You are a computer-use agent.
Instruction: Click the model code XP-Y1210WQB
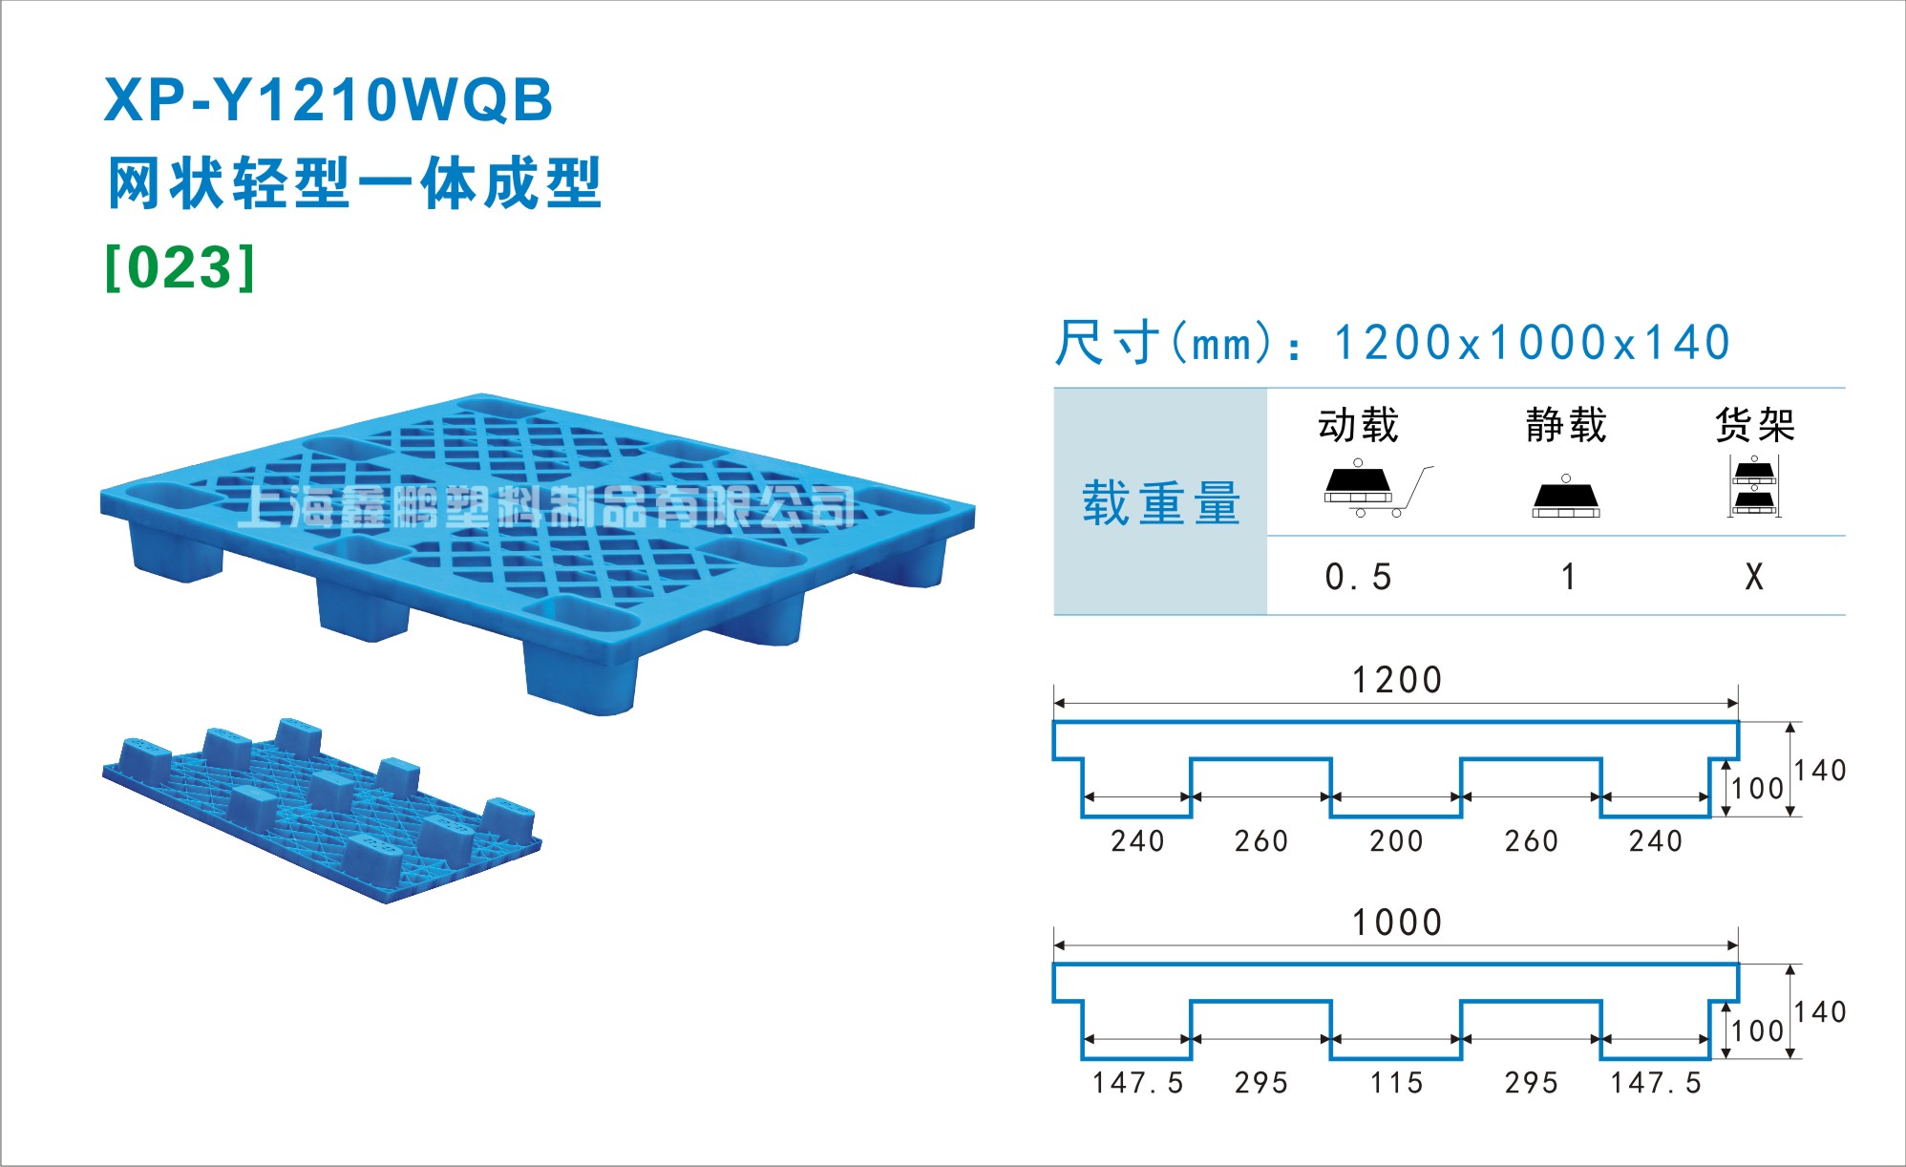tap(328, 100)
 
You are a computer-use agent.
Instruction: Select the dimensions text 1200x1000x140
tap(1532, 343)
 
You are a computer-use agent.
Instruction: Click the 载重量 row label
tap(1161, 502)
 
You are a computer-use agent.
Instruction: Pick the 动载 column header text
tap(1358, 425)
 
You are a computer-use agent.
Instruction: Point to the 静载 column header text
tap(1566, 425)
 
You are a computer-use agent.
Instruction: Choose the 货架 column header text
tap(1755, 425)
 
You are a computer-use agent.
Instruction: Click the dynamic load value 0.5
tap(1358, 577)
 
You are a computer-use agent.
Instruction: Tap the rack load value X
tap(1754, 577)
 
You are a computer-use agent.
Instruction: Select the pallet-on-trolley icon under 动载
tap(1378, 489)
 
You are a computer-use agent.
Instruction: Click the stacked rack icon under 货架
tap(1754, 487)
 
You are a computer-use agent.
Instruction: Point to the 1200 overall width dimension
tap(1396, 680)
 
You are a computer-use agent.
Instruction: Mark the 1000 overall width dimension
tap(1396, 923)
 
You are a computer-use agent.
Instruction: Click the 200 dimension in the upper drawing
tap(1396, 841)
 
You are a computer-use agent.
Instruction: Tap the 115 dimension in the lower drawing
tap(1396, 1083)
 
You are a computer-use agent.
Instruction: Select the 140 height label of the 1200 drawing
tap(1820, 770)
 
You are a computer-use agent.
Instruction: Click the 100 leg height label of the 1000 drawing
tap(1758, 1031)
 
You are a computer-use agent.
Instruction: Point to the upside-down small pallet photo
tap(322, 810)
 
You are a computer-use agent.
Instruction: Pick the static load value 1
tap(1568, 577)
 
